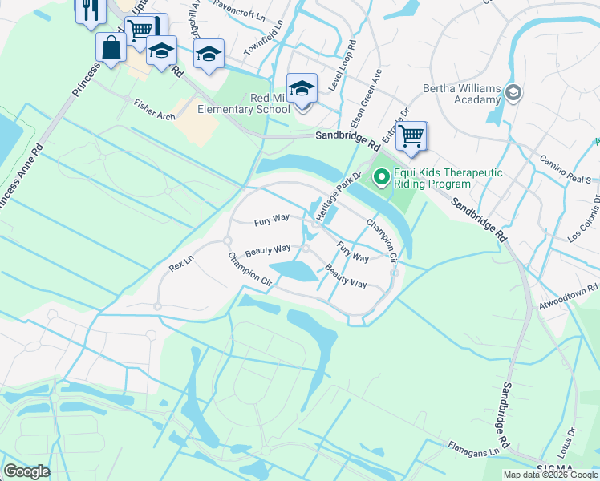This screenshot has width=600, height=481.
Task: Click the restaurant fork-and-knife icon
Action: [89, 10]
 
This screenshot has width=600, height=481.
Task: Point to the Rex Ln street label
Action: [182, 262]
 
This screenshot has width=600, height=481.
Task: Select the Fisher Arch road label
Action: [155, 111]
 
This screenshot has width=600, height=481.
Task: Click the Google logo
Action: [27, 471]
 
